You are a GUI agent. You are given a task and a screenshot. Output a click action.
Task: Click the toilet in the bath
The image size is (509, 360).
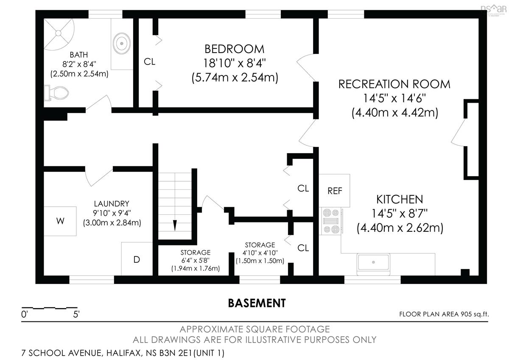(56, 93)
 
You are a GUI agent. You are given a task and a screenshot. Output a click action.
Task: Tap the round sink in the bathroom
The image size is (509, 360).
(122, 43)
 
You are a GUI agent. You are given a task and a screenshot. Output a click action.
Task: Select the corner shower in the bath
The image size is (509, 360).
(59, 34)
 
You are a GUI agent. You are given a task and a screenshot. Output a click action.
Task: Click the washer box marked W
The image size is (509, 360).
(60, 221)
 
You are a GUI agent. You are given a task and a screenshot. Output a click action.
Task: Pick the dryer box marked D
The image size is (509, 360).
(137, 259)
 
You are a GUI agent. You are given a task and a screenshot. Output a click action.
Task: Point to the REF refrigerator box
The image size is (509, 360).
(335, 191)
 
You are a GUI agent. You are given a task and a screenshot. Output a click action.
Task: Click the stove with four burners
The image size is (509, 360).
(331, 221)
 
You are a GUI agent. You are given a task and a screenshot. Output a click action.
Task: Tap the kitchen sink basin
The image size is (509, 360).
(373, 262)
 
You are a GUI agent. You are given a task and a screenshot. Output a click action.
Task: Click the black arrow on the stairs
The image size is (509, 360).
(175, 225)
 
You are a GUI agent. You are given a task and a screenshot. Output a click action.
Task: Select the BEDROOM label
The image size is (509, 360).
(235, 49)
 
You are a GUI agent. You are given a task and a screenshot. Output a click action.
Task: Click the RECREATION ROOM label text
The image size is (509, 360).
(394, 84)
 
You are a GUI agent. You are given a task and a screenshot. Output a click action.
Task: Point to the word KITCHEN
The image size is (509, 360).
(400, 200)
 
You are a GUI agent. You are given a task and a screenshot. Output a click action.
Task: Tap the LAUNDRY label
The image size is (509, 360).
(112, 203)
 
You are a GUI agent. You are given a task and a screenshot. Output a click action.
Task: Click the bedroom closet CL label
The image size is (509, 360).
(149, 62)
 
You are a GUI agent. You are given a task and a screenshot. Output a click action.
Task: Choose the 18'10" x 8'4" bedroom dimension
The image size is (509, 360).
(234, 63)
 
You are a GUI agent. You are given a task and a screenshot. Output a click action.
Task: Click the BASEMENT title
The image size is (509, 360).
(257, 303)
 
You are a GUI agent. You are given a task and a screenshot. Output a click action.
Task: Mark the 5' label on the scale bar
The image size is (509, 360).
(76, 314)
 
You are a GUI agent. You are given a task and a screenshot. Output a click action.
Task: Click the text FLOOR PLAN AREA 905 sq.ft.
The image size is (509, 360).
(444, 314)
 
